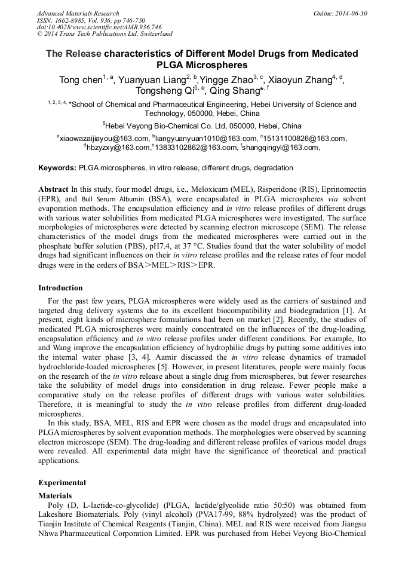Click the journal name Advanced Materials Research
(78, 13)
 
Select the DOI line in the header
(99, 27)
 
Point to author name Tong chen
(79, 80)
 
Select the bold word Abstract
(53, 189)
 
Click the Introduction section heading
(60, 288)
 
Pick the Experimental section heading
(62, 483)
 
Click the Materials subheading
(55, 496)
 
